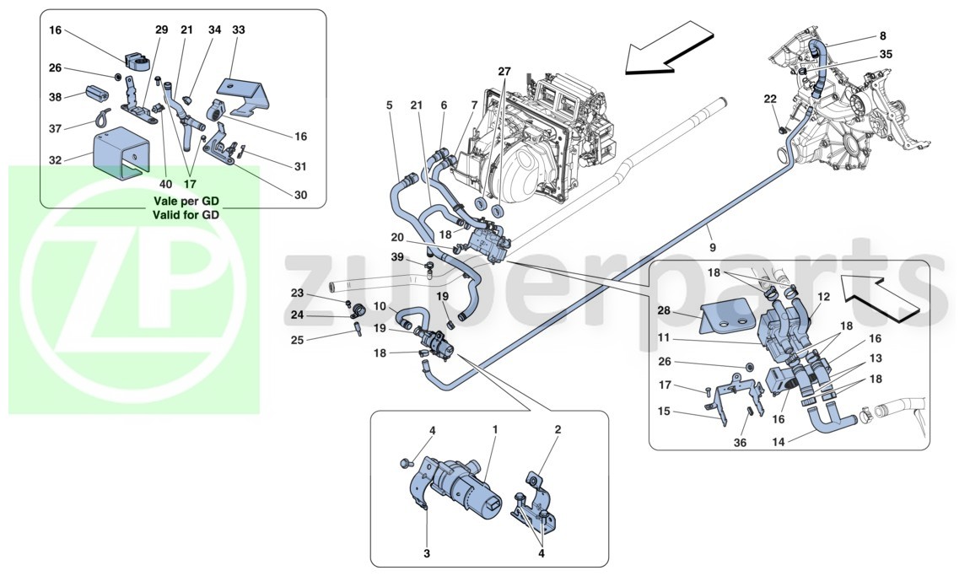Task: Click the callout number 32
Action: (56, 160)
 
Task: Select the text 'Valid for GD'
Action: (186, 215)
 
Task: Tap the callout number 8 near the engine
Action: (883, 36)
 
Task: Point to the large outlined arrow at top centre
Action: (670, 47)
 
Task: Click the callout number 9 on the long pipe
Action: (712, 247)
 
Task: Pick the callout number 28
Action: (664, 310)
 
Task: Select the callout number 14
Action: (778, 443)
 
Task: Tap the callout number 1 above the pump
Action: (495, 428)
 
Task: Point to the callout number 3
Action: (427, 554)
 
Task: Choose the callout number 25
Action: (298, 340)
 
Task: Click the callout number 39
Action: (396, 257)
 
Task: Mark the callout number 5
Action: (389, 105)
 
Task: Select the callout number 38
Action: (56, 96)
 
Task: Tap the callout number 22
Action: (769, 99)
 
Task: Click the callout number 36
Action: (740, 443)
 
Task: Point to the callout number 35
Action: (886, 55)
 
